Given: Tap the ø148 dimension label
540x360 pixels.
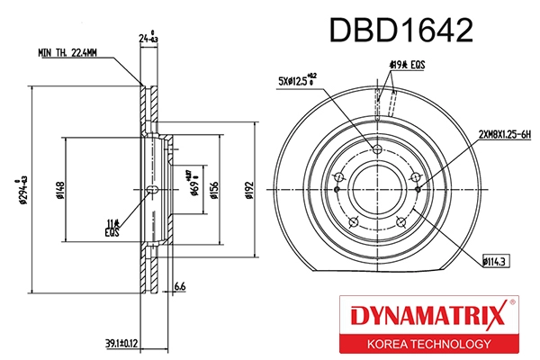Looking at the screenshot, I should click(x=61, y=190).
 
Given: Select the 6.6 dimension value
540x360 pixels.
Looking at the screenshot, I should click(x=178, y=287).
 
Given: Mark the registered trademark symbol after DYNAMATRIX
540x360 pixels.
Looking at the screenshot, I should click(x=512, y=304).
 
